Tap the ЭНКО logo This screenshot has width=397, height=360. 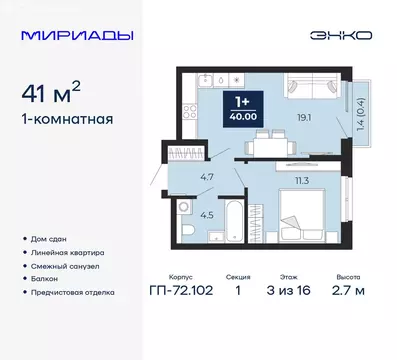tap(341, 35)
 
